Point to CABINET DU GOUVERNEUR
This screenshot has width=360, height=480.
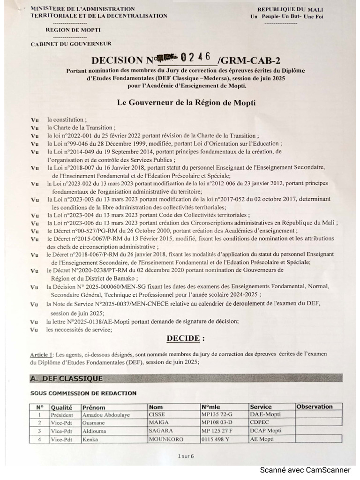[x=71, y=44]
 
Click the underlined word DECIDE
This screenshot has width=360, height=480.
[x=186, y=338]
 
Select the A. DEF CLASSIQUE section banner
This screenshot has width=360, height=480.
[x=66, y=378]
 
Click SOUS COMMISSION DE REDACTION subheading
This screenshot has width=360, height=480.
[x=83, y=393]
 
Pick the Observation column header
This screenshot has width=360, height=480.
[x=315, y=407]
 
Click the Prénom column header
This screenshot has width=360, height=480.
[x=94, y=407]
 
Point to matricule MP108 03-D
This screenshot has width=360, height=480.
[x=217, y=423]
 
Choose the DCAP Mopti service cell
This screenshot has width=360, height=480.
[x=266, y=431]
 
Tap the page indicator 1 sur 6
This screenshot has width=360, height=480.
[x=186, y=456]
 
